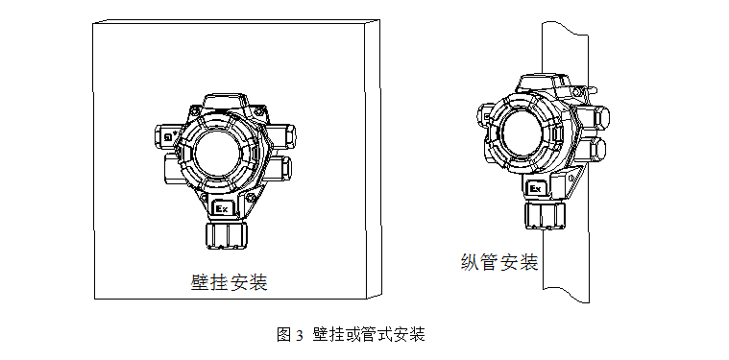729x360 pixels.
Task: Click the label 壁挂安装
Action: tap(228, 283)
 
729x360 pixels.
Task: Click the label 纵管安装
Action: tap(498, 262)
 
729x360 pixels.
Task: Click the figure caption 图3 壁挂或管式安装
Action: tap(350, 334)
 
